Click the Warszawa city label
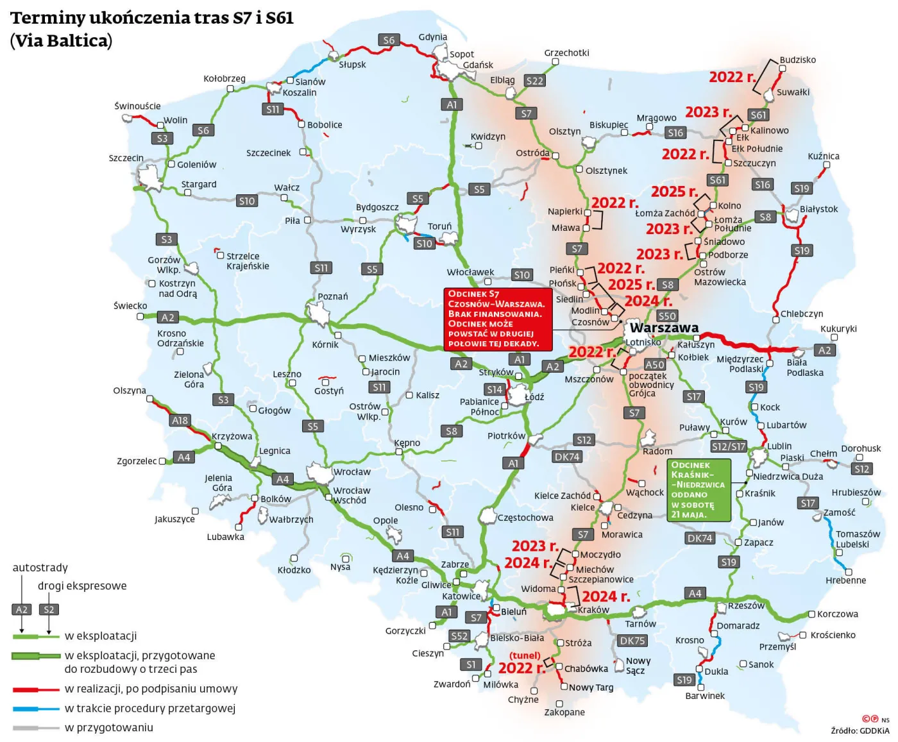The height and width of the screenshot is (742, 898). (x=664, y=328)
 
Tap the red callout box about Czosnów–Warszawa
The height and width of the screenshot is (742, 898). (x=498, y=319)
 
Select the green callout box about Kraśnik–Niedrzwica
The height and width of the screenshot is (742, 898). (x=699, y=490)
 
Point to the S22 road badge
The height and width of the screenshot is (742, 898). (x=534, y=81)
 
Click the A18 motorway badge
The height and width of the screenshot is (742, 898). (x=180, y=421)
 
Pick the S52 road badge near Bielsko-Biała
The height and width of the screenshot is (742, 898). (x=459, y=636)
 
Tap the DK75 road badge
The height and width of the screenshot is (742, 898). (x=632, y=641)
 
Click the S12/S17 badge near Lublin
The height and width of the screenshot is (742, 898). (x=729, y=446)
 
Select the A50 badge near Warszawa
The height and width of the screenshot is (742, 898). (x=655, y=365)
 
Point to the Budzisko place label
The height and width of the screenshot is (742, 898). (x=797, y=60)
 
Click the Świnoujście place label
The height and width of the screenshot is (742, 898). (x=137, y=106)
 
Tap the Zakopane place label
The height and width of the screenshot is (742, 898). (x=564, y=712)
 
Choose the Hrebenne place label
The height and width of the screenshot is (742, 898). (x=845, y=580)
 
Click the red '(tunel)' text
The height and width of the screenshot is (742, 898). (x=525, y=655)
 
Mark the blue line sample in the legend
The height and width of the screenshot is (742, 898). (x=36, y=709)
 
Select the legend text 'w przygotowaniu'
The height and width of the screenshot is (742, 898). (x=109, y=728)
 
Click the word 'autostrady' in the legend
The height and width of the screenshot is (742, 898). (x=40, y=568)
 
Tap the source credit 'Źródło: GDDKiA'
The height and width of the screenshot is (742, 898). (x=860, y=730)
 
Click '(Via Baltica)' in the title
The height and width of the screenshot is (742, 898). (x=61, y=40)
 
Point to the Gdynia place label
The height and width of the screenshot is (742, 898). (x=432, y=37)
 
